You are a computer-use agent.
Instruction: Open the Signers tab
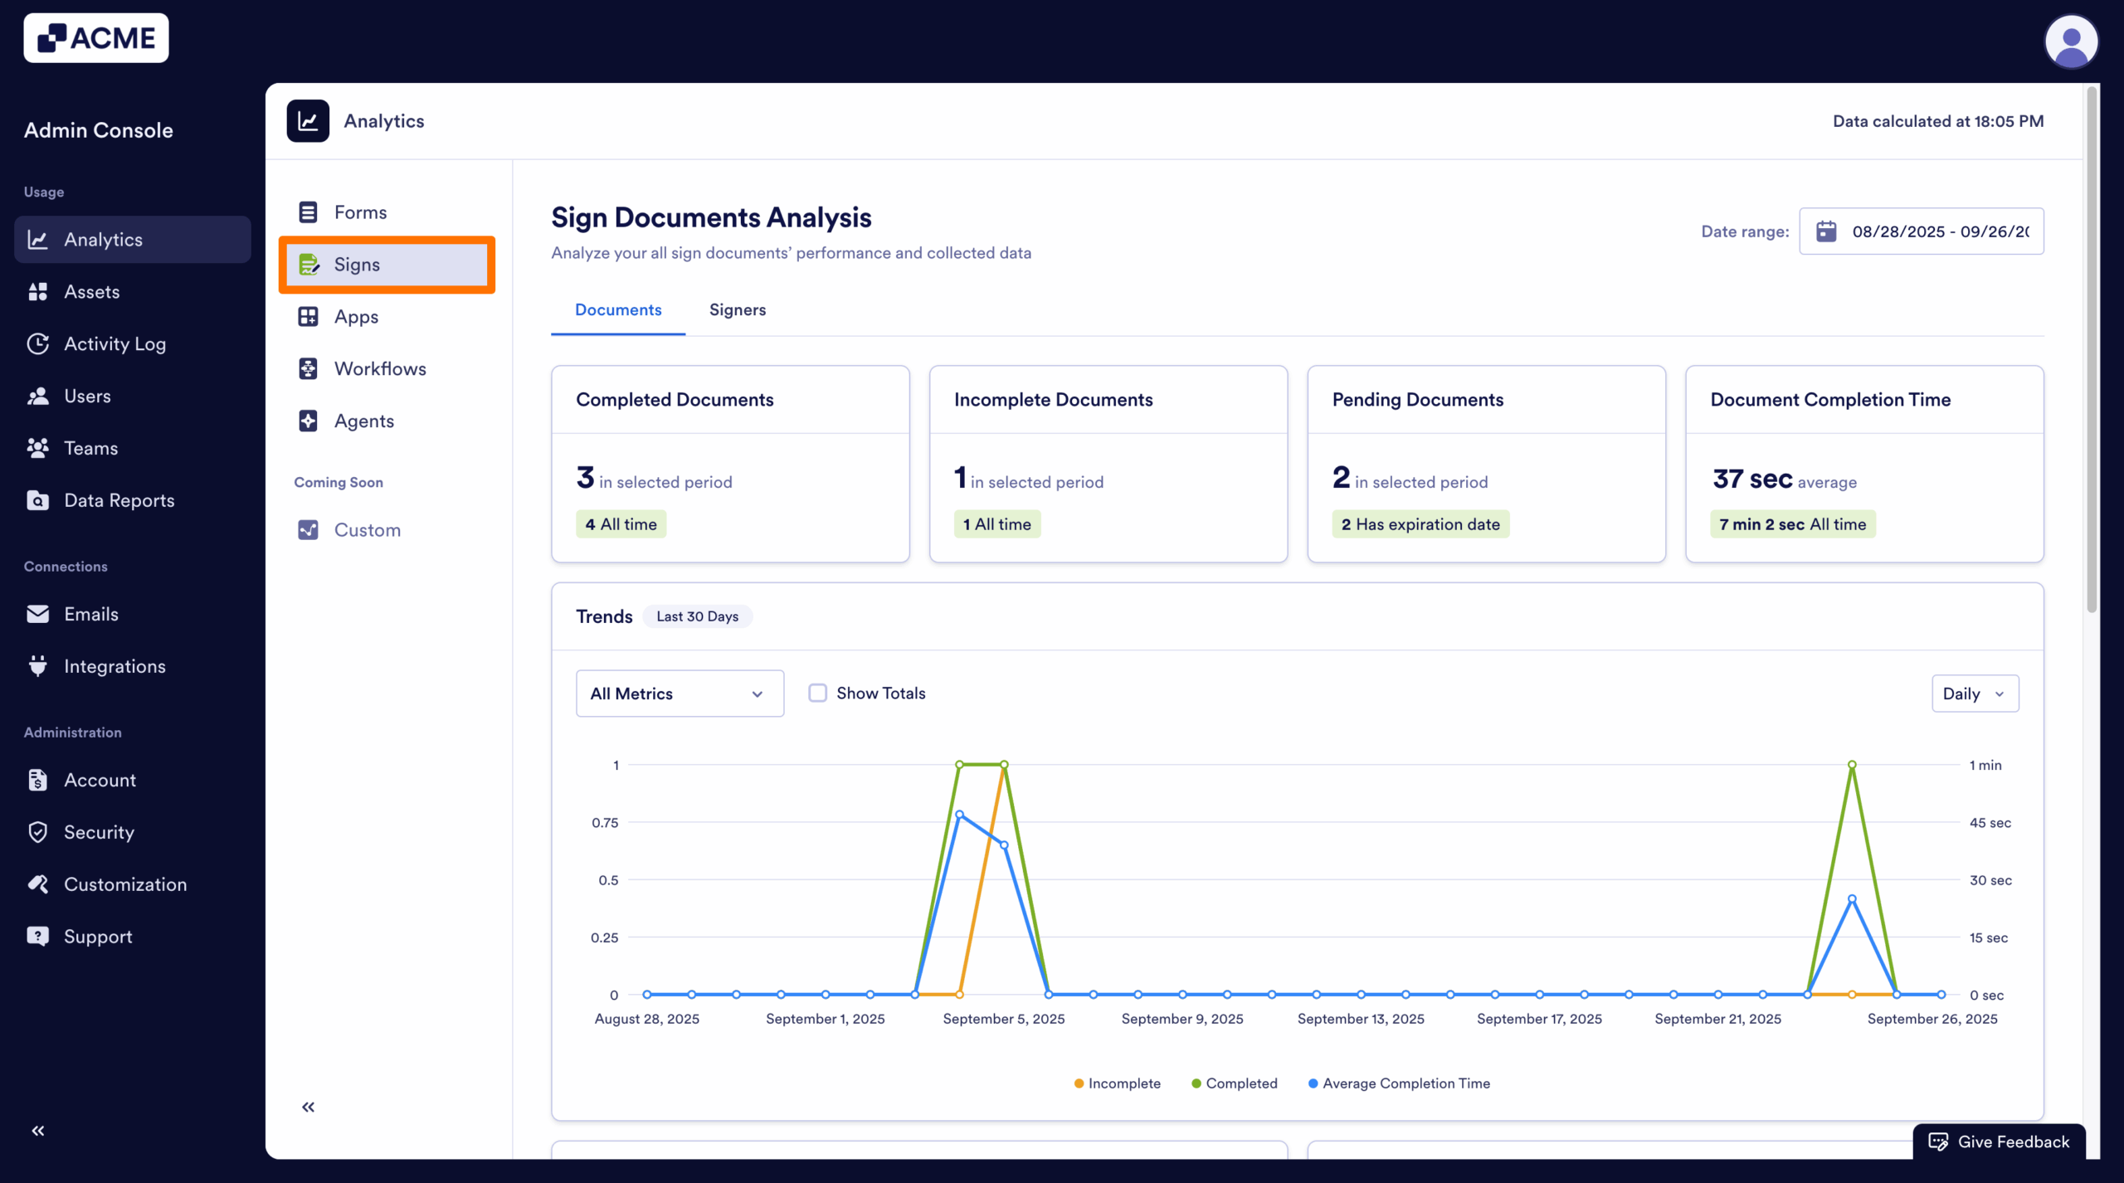tap(737, 309)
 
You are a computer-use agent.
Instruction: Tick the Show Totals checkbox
tap(818, 693)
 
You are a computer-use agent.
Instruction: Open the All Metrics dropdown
tap(679, 694)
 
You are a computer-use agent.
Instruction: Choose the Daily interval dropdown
tap(1974, 694)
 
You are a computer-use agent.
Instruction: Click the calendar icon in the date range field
tap(1826, 231)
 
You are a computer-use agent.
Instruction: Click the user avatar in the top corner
tap(2071, 41)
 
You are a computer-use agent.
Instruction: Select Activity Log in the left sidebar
tap(114, 343)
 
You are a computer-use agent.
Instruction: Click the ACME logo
tap(96, 38)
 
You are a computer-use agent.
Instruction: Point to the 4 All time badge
tap(621, 524)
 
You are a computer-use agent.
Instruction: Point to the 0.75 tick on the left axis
tap(604, 822)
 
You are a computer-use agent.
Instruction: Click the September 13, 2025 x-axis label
tap(1361, 1019)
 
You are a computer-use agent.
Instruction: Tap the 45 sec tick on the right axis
tap(1990, 822)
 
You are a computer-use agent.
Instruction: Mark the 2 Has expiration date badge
tap(1420, 524)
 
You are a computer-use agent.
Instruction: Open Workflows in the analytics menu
tap(379, 369)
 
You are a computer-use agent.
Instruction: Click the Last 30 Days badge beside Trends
tap(697, 616)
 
